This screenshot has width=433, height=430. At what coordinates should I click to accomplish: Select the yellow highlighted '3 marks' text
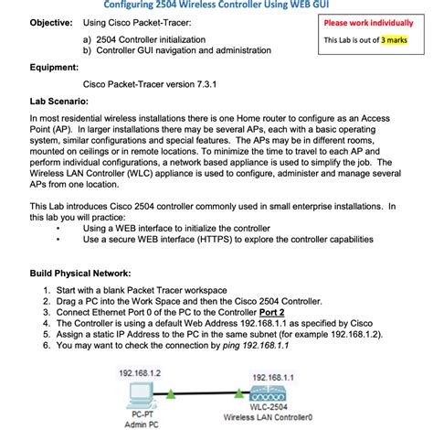394,39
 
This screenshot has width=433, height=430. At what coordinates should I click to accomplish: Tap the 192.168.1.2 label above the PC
140,373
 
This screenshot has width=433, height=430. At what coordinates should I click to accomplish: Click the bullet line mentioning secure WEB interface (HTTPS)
227,239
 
